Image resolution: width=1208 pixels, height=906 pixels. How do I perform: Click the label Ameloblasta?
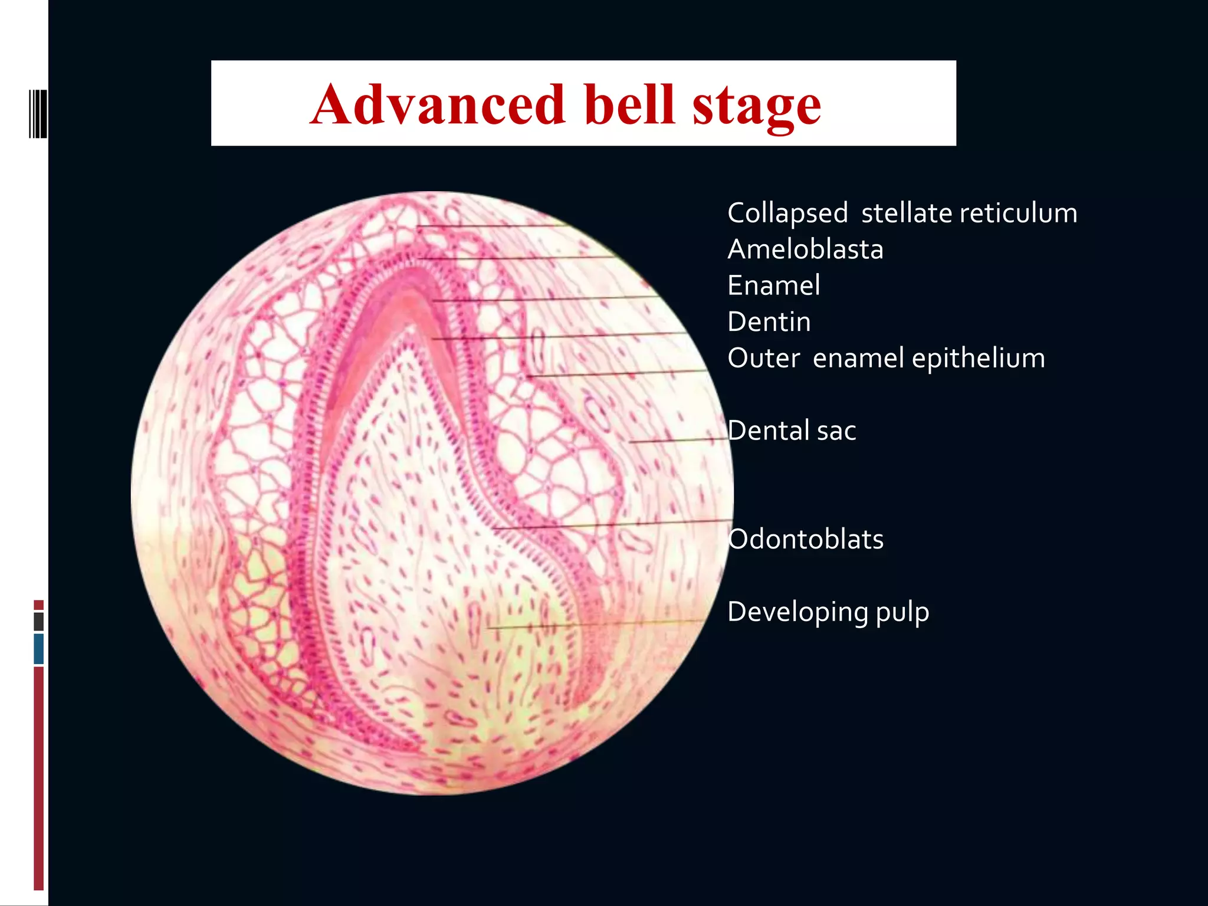805,249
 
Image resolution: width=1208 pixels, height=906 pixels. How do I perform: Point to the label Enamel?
773,285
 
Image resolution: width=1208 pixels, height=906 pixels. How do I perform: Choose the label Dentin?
769,322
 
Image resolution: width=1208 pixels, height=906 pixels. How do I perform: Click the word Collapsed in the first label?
787,214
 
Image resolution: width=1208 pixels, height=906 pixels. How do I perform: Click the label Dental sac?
791,431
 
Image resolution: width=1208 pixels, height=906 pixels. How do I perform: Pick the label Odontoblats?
805,539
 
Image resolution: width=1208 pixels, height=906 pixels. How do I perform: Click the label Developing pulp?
828,612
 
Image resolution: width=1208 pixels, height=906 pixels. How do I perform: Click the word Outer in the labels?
763,358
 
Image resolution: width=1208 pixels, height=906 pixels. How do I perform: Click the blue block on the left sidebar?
39,648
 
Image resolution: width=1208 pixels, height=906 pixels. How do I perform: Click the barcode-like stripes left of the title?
38,114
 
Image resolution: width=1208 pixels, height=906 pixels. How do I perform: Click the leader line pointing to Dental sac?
678,440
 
